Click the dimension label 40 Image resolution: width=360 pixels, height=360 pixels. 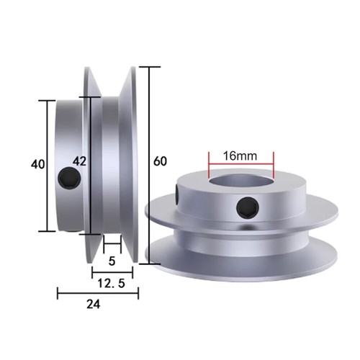pos(38,164)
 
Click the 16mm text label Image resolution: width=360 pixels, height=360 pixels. pos(240,156)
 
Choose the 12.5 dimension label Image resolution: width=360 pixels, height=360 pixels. pos(112,284)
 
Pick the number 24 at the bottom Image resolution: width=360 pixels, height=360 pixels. pos(92,304)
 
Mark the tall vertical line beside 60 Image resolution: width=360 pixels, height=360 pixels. pos(149,166)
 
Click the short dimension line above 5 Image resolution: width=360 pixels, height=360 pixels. pos(112,248)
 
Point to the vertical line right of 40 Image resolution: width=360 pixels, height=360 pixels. pos(49,166)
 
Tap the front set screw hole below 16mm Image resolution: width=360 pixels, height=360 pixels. pos(246,209)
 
